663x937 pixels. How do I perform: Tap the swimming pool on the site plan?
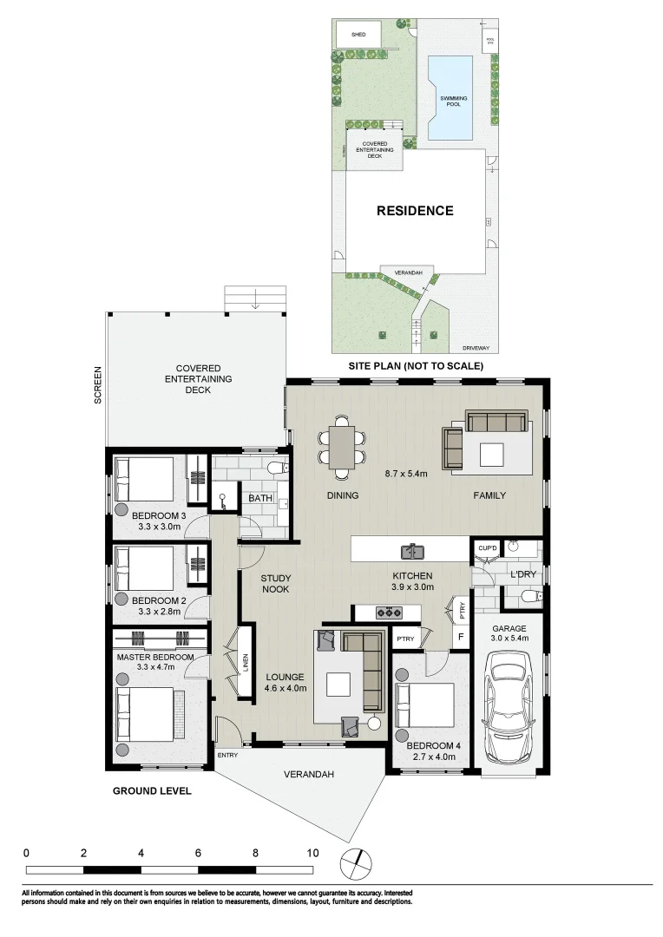pyautogui.click(x=451, y=97)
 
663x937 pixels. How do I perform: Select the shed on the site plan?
pyautogui.click(x=358, y=35)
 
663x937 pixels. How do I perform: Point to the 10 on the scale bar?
pyautogui.click(x=312, y=852)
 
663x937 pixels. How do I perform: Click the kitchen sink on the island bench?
pyautogui.click(x=410, y=550)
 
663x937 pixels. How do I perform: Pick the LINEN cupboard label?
pyautogui.click(x=246, y=663)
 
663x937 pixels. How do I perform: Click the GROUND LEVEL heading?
pyautogui.click(x=152, y=791)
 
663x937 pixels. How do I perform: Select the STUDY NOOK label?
pyautogui.click(x=275, y=584)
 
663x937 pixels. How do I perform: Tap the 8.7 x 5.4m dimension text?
pyautogui.click(x=406, y=474)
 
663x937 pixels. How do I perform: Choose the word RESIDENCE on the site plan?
pyautogui.click(x=414, y=211)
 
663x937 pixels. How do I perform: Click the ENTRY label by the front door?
pyautogui.click(x=227, y=755)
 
